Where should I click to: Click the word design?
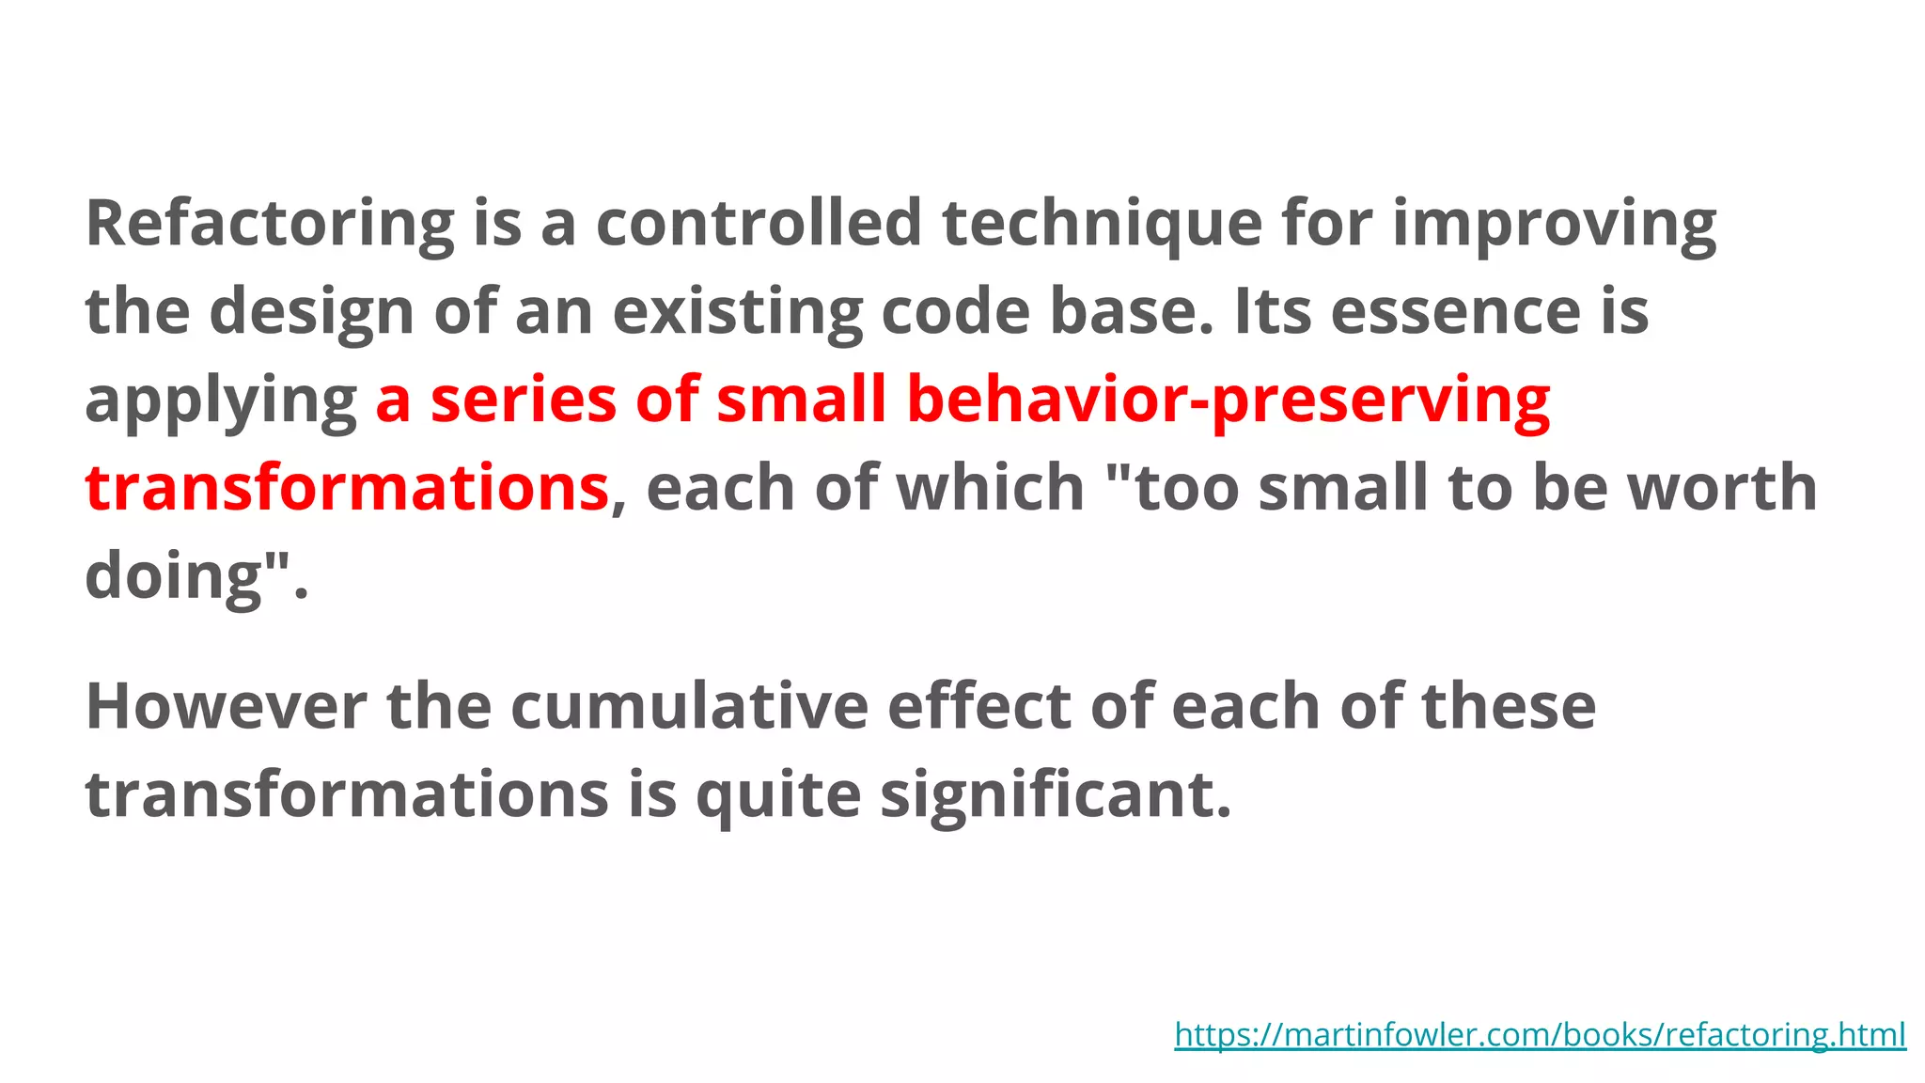(311, 312)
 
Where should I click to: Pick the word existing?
(737, 312)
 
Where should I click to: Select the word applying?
(220, 400)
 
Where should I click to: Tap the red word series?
(524, 400)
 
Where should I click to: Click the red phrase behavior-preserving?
(1229, 400)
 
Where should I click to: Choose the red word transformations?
(347, 487)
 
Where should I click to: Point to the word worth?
(1722, 487)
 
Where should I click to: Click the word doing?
(173, 575)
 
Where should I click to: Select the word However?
(226, 706)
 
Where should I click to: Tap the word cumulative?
(689, 706)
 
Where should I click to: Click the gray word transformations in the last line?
(347, 794)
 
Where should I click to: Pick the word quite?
(777, 794)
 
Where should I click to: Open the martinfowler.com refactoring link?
(1540, 1034)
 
